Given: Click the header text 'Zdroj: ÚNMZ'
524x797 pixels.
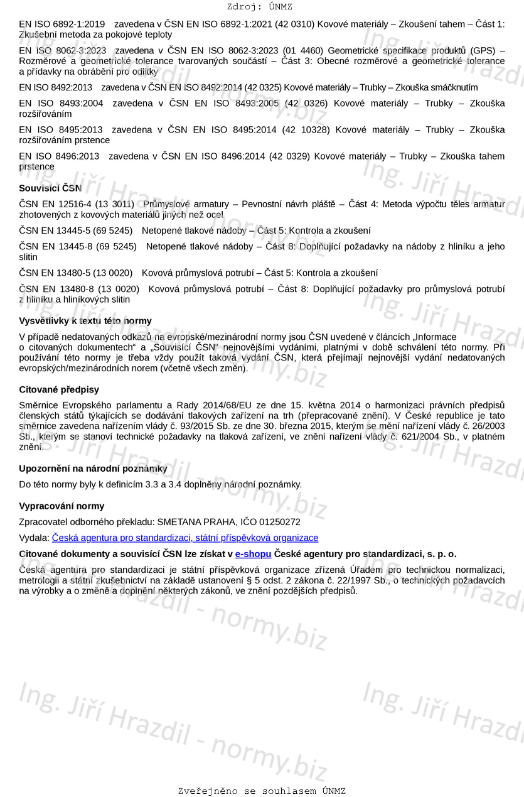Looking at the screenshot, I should point(259,7).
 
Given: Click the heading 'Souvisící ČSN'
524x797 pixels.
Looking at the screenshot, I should point(50,188).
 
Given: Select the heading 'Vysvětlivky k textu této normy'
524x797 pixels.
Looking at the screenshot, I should point(85,321).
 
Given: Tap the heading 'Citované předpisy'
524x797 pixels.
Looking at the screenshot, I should point(59,389).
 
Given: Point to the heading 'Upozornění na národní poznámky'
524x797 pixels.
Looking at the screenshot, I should point(93,469).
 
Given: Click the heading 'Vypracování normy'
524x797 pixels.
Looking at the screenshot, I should point(61,506).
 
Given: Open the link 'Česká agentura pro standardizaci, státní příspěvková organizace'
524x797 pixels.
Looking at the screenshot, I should point(185,538).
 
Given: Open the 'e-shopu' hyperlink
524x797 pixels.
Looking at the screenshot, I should point(254,554).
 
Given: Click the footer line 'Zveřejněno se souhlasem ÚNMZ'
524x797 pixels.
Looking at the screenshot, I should point(262,791).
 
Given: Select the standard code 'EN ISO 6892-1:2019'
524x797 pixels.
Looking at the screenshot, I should point(61,24).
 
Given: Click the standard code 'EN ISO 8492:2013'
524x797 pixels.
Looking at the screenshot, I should point(55,87).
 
